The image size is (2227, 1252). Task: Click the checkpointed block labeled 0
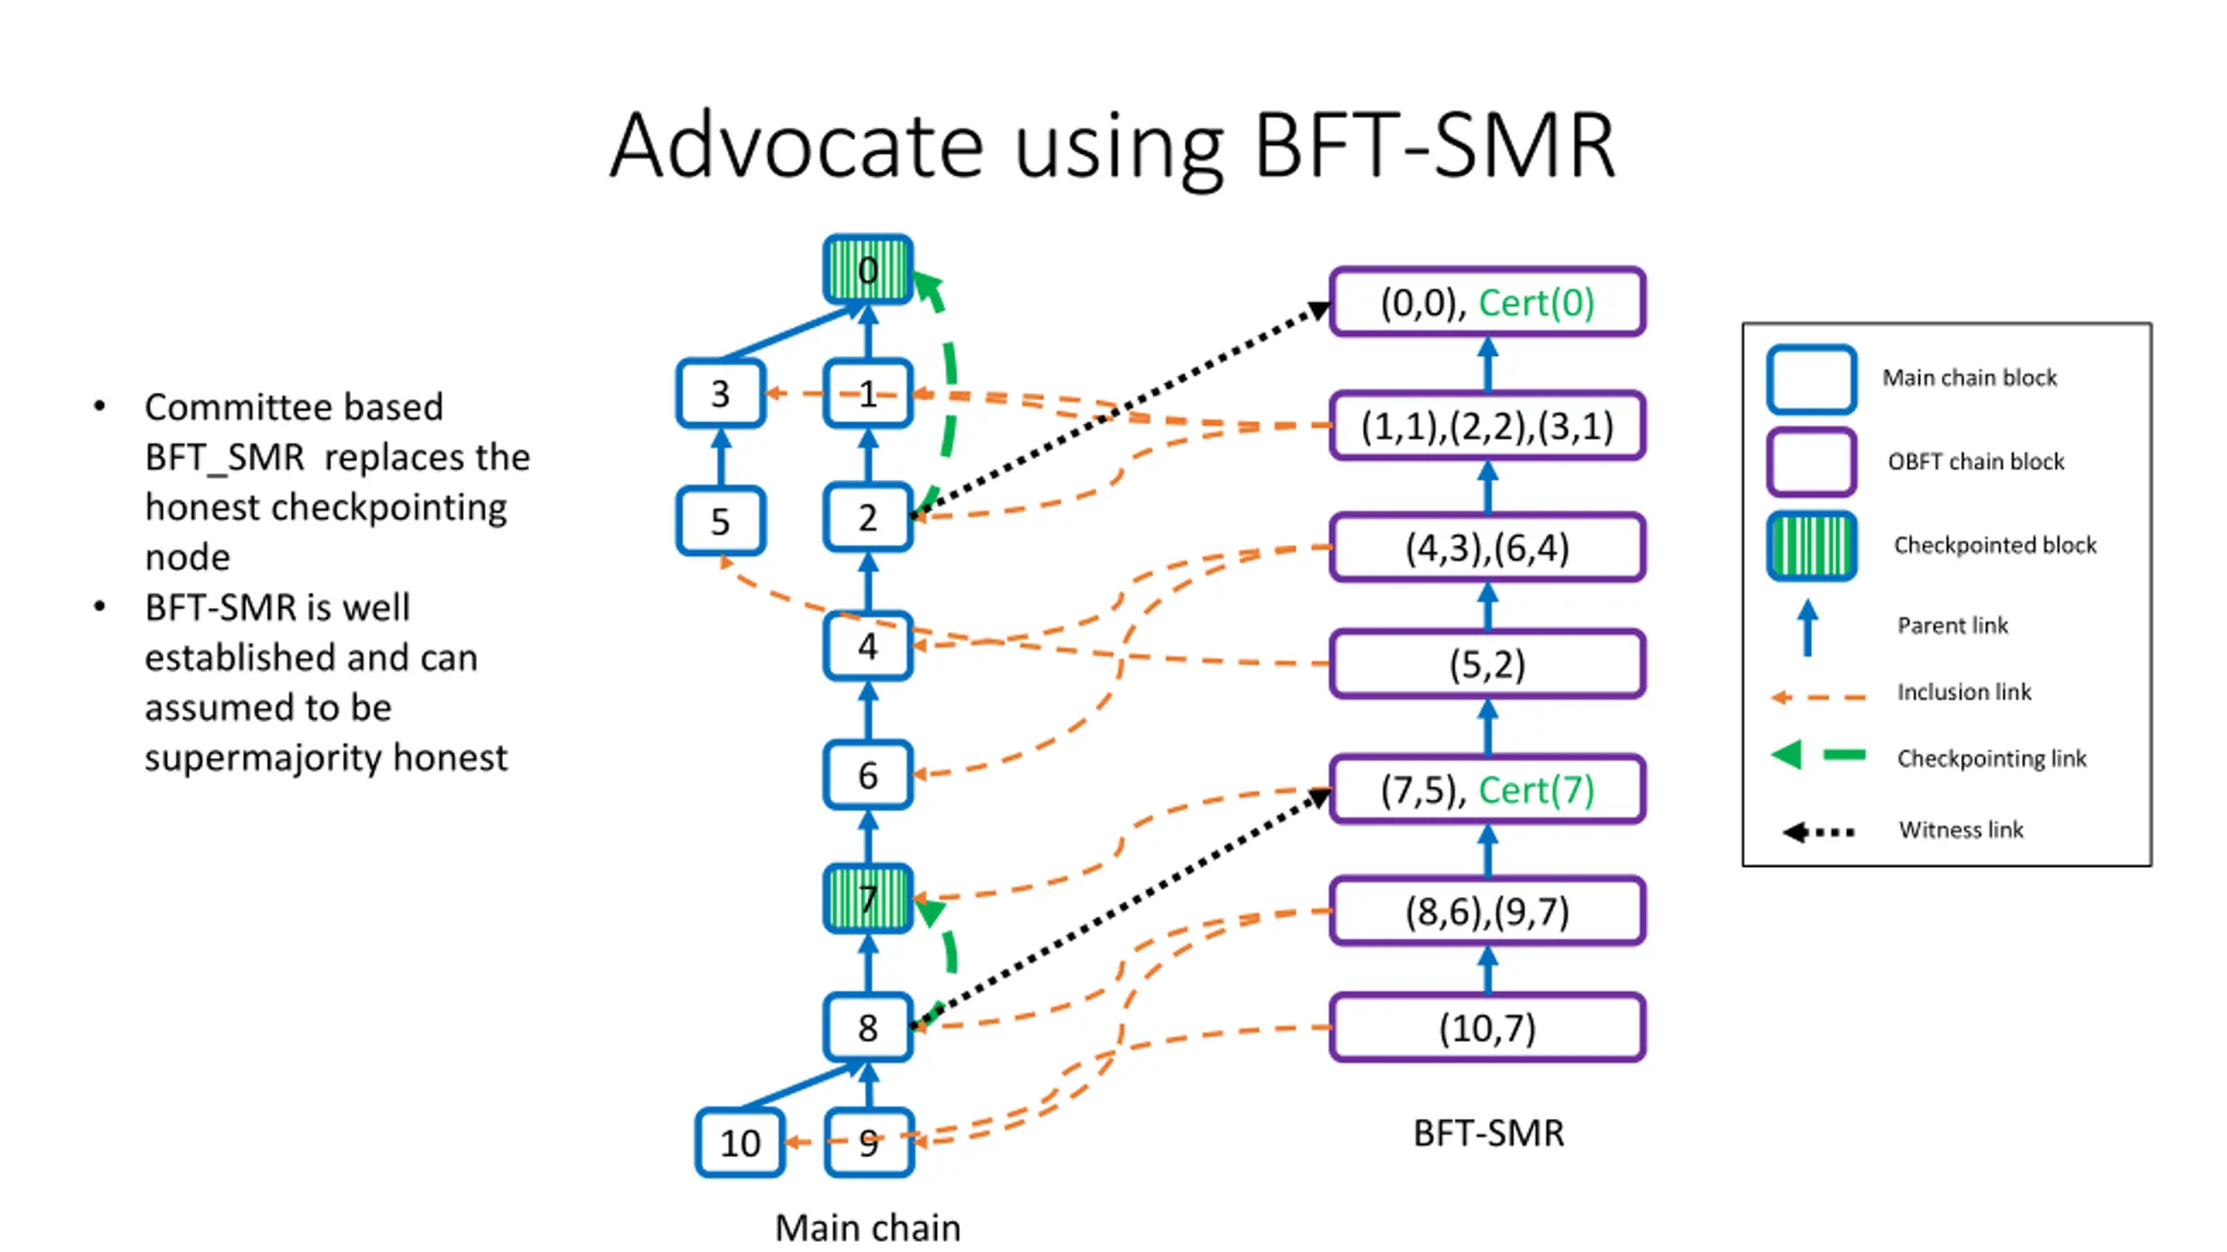(867, 270)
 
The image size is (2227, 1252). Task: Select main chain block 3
(720, 394)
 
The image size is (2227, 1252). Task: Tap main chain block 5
(720, 521)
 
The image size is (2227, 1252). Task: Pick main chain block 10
(739, 1142)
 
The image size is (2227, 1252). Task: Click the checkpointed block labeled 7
(867, 898)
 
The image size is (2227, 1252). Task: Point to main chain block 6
(867, 775)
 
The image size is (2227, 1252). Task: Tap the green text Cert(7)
(1536, 789)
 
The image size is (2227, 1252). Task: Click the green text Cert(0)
(1536, 303)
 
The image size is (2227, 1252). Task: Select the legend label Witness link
(1961, 829)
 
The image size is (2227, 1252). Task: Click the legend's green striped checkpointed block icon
(1812, 546)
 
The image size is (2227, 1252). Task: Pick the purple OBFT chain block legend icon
(1812, 462)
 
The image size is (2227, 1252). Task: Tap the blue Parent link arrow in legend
(1808, 627)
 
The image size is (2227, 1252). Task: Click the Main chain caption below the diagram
(868, 1228)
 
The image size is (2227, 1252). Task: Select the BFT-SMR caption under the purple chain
(1488, 1133)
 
